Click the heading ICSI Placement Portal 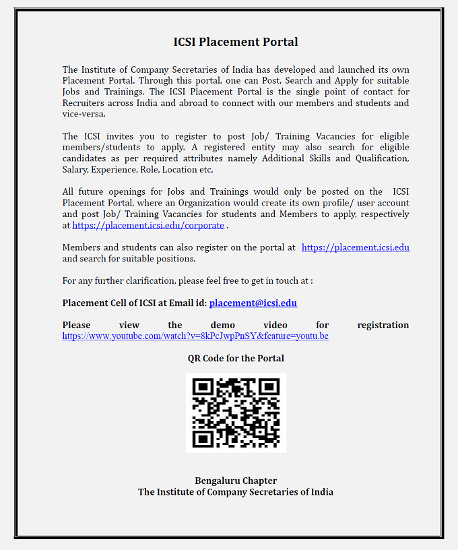point(236,42)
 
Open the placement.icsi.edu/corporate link point(148,225)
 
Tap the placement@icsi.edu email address point(253,303)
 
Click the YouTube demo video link point(195,336)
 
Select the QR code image point(236,413)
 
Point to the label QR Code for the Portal point(236,359)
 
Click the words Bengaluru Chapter point(236,481)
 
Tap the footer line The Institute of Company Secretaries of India point(236,492)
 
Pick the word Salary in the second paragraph point(75,169)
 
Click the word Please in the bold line point(76,325)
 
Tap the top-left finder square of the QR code point(203,388)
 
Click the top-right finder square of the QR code point(269,388)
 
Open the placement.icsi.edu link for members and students point(355,247)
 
